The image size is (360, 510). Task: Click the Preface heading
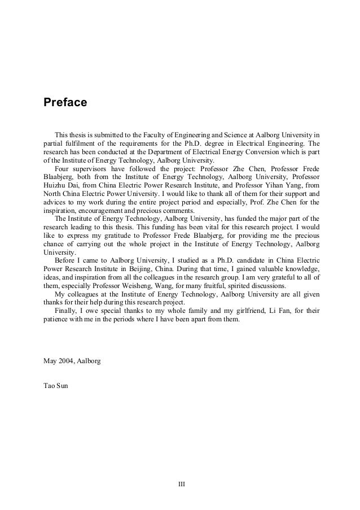pyautogui.click(x=65, y=103)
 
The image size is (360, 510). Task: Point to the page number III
pyautogui.click(x=182, y=484)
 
